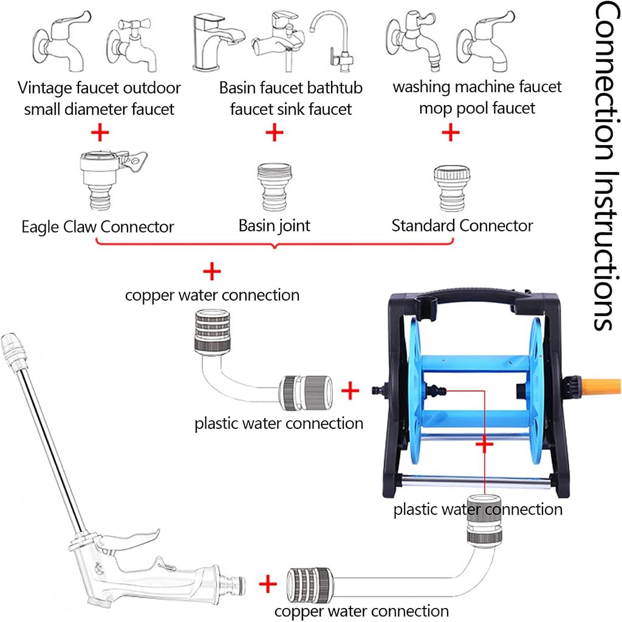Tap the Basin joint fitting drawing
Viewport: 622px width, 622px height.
274,184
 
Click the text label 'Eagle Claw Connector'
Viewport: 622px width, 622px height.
98,227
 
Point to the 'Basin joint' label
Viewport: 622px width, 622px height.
274,226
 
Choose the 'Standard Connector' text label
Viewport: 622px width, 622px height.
462,226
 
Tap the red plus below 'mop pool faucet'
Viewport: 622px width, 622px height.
450,132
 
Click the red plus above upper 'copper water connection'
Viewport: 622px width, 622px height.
211,270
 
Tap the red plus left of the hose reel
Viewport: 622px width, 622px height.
350,391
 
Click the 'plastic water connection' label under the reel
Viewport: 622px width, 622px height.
477,509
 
